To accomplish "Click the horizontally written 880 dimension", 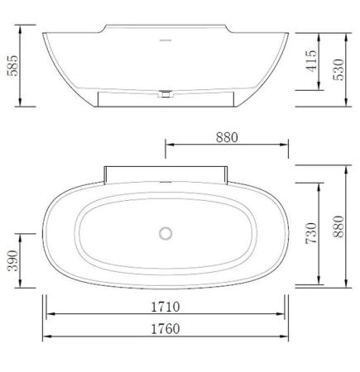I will click(228, 138).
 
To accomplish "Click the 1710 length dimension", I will click(166, 307).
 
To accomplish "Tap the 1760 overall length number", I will click(166, 328).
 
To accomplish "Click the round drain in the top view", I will click(166, 233).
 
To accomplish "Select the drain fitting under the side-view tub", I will click(166, 94).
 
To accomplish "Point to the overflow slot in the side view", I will click(166, 39).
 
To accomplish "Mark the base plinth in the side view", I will click(166, 99).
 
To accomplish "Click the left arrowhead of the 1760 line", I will click(46, 336).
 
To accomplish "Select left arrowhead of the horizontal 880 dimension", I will click(169, 147).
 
